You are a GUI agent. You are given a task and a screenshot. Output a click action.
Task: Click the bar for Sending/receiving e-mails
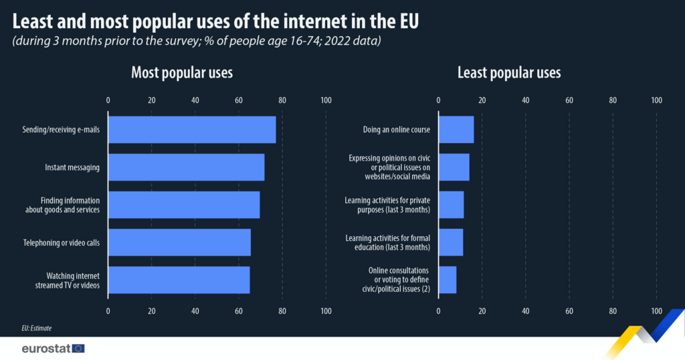tap(192, 130)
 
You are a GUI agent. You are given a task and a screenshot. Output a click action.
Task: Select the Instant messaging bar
tap(186, 167)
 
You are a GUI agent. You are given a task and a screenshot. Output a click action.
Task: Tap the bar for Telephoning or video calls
tap(179, 242)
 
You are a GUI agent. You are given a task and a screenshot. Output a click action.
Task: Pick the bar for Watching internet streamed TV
tap(179, 280)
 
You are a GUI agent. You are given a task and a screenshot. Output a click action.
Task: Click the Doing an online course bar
tap(456, 130)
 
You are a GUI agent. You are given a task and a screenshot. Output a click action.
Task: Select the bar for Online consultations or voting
tap(448, 280)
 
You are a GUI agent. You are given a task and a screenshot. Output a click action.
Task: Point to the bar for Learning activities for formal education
tap(451, 242)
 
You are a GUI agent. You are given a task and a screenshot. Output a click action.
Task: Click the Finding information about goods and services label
tap(62, 205)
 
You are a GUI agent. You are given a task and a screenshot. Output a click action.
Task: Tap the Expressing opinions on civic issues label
tap(389, 167)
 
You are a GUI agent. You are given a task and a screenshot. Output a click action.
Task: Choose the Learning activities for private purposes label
tap(387, 205)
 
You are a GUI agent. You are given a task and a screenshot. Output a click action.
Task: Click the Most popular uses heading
tap(182, 72)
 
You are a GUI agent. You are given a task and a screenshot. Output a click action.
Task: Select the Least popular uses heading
tap(509, 72)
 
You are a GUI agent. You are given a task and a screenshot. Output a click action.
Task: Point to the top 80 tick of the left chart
tap(282, 100)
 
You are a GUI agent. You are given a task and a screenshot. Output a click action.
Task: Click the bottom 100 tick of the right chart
tap(657, 311)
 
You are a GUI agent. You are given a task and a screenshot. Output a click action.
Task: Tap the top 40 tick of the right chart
tap(526, 100)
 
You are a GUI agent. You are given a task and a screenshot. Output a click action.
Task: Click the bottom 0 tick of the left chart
tap(108, 311)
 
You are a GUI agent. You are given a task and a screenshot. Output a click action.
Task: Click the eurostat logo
tap(54, 348)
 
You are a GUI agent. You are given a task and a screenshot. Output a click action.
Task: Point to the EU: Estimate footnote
tap(37, 328)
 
